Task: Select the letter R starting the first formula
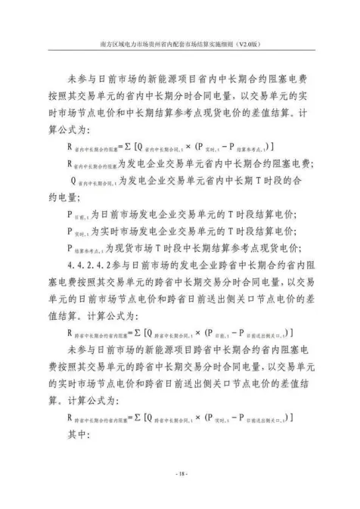click(x=70, y=146)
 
